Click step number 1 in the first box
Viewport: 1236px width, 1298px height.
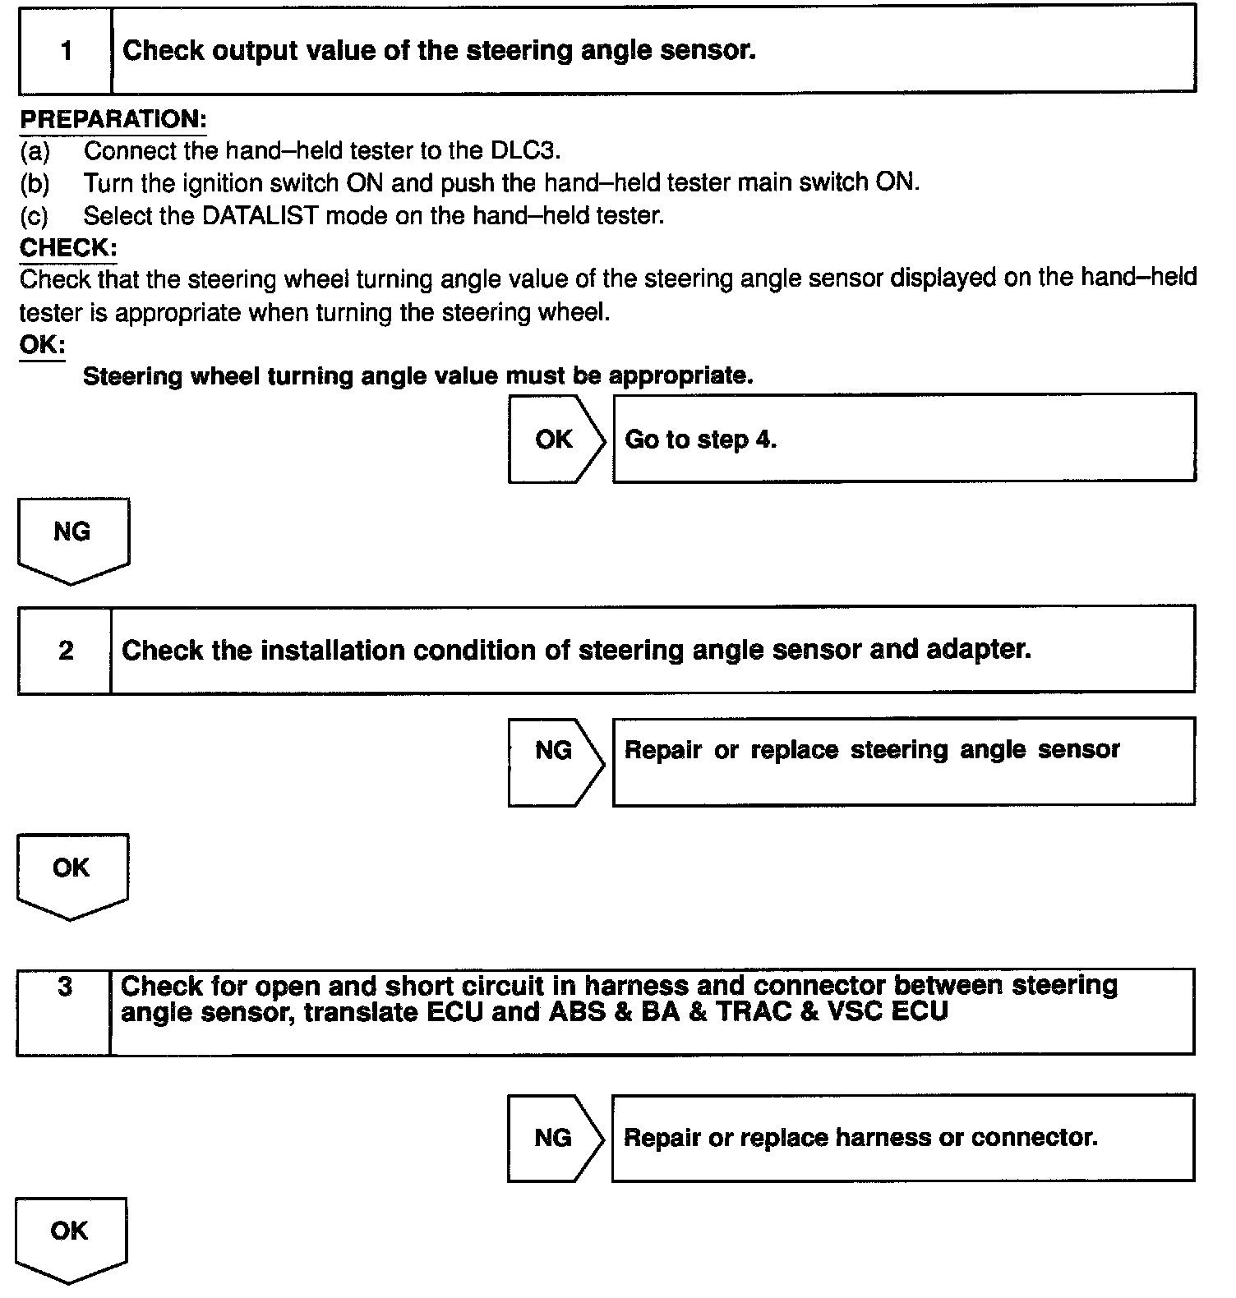tap(66, 51)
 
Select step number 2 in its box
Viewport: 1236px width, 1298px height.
tap(66, 651)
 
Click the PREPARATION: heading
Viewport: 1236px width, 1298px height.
tap(113, 119)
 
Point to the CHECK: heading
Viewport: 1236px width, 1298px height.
tap(68, 247)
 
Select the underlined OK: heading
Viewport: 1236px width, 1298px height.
tap(42, 344)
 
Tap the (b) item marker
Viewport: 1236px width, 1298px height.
tap(35, 183)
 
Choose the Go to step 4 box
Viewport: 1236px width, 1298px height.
tap(904, 440)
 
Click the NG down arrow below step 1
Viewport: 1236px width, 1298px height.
tap(72, 538)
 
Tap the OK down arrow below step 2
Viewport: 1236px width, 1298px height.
tap(71, 874)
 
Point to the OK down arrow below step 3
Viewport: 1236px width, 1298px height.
tap(70, 1236)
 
